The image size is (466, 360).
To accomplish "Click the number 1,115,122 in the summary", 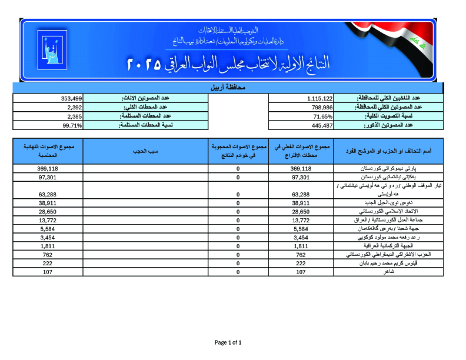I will tap(320, 98).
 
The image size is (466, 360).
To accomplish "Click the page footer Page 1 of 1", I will tap(228, 342).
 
